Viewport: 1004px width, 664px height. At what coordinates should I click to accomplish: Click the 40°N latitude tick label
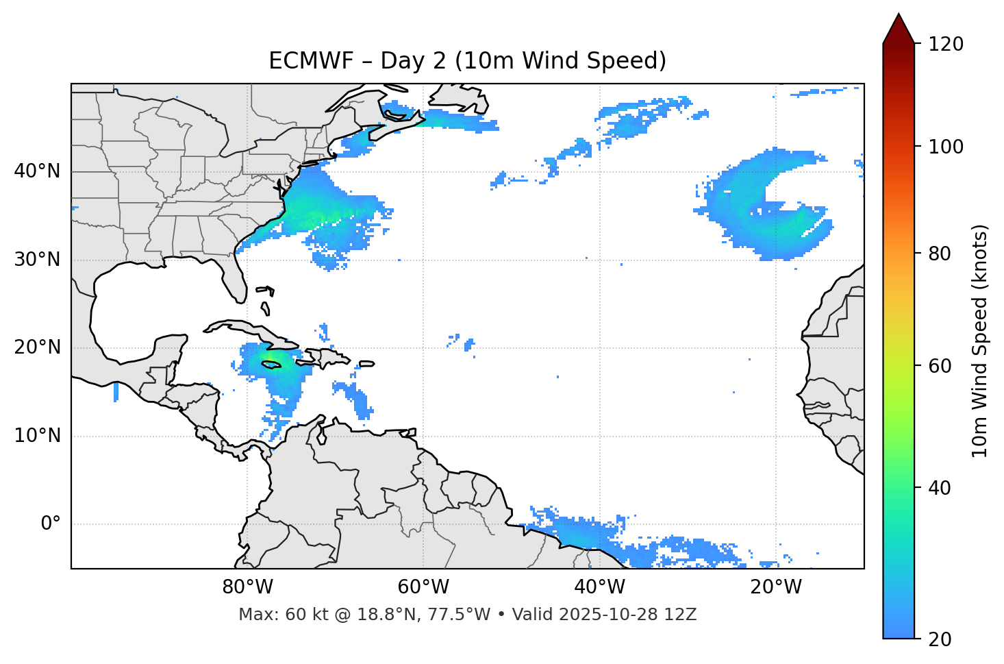tap(37, 171)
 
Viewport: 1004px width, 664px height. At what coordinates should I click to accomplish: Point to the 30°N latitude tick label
tap(37, 259)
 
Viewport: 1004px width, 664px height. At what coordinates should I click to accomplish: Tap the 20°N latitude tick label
tap(37, 347)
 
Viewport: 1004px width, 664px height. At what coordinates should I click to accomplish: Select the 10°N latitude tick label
tap(37, 436)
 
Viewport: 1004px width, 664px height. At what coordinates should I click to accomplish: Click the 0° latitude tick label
tap(51, 524)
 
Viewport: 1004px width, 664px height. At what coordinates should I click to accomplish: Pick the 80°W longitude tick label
tap(247, 587)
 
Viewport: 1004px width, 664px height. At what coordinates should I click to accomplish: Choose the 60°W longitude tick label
tap(423, 587)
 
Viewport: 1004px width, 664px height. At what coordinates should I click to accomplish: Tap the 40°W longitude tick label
tap(600, 587)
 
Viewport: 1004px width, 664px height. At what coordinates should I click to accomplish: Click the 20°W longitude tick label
tap(775, 587)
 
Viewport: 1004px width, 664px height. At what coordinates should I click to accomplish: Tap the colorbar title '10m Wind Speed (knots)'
tap(980, 341)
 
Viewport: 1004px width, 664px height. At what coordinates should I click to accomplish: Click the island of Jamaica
tap(271, 365)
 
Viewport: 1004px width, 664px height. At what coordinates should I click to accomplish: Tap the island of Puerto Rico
tap(367, 363)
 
